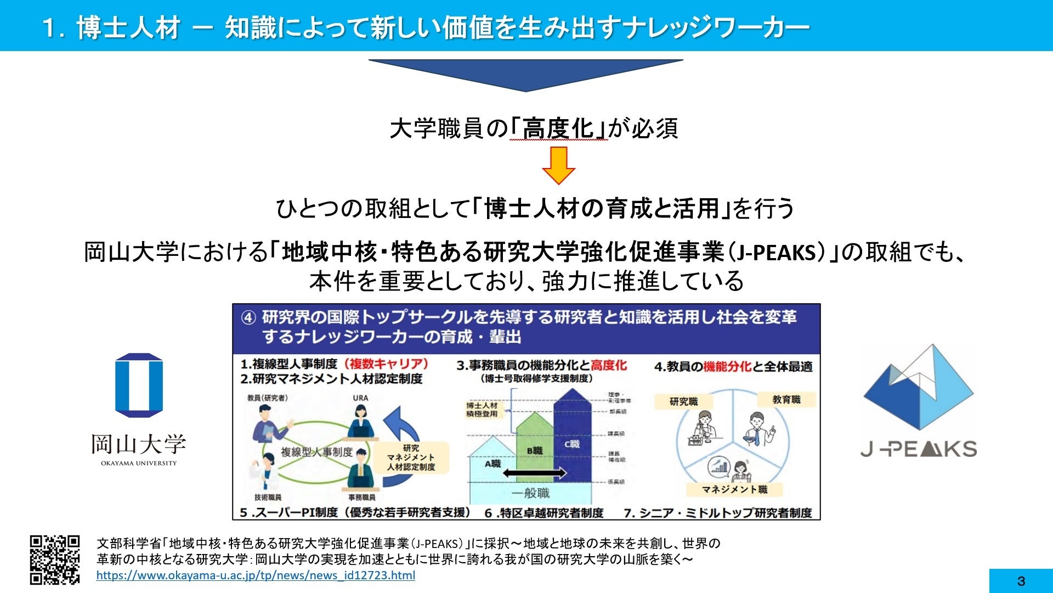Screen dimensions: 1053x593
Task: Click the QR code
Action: coord(54,560)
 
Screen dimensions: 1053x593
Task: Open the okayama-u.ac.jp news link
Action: coord(256,575)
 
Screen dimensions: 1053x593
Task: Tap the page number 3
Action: coord(1021,581)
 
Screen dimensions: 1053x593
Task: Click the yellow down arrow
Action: coord(558,165)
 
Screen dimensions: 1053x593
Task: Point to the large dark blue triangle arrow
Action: coord(525,75)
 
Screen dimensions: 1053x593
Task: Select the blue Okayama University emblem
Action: coord(139,385)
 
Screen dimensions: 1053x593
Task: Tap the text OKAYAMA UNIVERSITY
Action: coord(139,463)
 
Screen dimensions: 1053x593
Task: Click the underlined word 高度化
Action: coord(558,128)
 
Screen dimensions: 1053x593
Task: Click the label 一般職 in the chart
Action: coord(530,493)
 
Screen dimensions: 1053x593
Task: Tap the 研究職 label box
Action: coord(683,401)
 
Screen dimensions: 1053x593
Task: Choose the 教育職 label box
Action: coord(786,400)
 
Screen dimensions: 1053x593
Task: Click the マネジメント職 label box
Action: coord(734,489)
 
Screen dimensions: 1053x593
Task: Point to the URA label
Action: coord(360,398)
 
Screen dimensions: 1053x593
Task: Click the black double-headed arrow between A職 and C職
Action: coord(534,473)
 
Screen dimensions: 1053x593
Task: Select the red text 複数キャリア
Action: coord(386,364)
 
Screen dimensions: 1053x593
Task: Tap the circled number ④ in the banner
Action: coord(248,318)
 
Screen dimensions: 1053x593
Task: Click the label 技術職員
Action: coord(268,497)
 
